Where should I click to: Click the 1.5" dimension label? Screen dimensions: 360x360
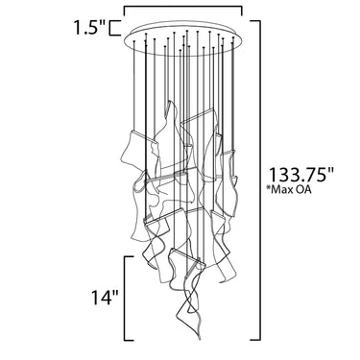pos(90,27)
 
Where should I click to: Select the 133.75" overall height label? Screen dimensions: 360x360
pos(301,175)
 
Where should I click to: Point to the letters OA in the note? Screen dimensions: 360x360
pos(305,190)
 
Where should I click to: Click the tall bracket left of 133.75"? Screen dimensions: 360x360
pos(258,180)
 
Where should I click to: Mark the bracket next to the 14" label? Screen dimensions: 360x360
pos(125,298)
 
